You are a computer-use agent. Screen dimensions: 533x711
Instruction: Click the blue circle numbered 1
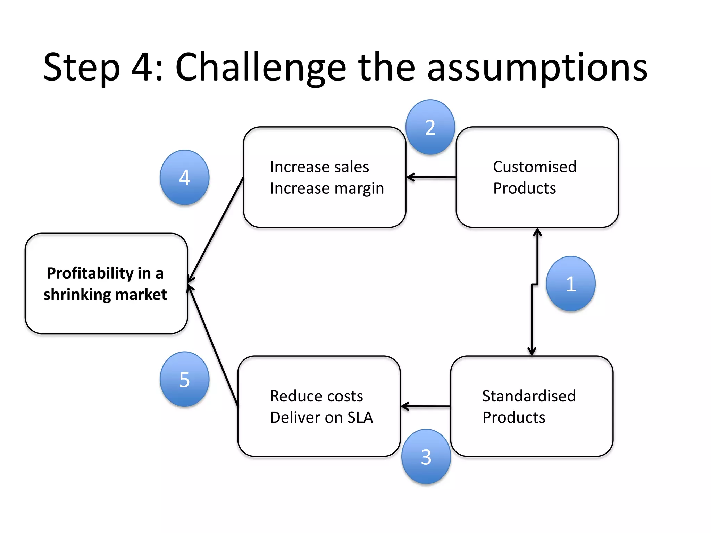point(570,284)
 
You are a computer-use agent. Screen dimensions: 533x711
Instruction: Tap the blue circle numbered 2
point(430,127)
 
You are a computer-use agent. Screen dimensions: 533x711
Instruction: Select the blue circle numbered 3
point(426,456)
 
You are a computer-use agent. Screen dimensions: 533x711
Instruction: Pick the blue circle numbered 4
point(184,177)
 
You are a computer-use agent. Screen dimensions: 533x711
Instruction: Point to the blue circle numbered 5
point(184,379)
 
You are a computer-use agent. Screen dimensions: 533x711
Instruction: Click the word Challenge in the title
point(261,68)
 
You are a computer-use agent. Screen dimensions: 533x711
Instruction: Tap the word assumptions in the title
point(537,68)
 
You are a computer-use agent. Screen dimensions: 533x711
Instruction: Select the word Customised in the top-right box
point(535,167)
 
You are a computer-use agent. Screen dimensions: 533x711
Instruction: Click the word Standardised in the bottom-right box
point(529,396)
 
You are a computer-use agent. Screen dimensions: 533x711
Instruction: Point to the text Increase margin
point(327,188)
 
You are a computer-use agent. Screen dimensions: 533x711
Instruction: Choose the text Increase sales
point(319,167)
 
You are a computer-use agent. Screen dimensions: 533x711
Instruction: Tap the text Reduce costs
point(316,396)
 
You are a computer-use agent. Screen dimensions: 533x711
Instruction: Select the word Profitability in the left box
point(90,273)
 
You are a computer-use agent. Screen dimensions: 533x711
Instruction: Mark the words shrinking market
point(105,295)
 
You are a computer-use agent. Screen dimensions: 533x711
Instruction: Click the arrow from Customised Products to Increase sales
point(431,177)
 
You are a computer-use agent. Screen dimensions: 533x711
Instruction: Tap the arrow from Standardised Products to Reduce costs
point(426,406)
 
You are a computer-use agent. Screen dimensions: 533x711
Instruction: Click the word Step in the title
point(82,68)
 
